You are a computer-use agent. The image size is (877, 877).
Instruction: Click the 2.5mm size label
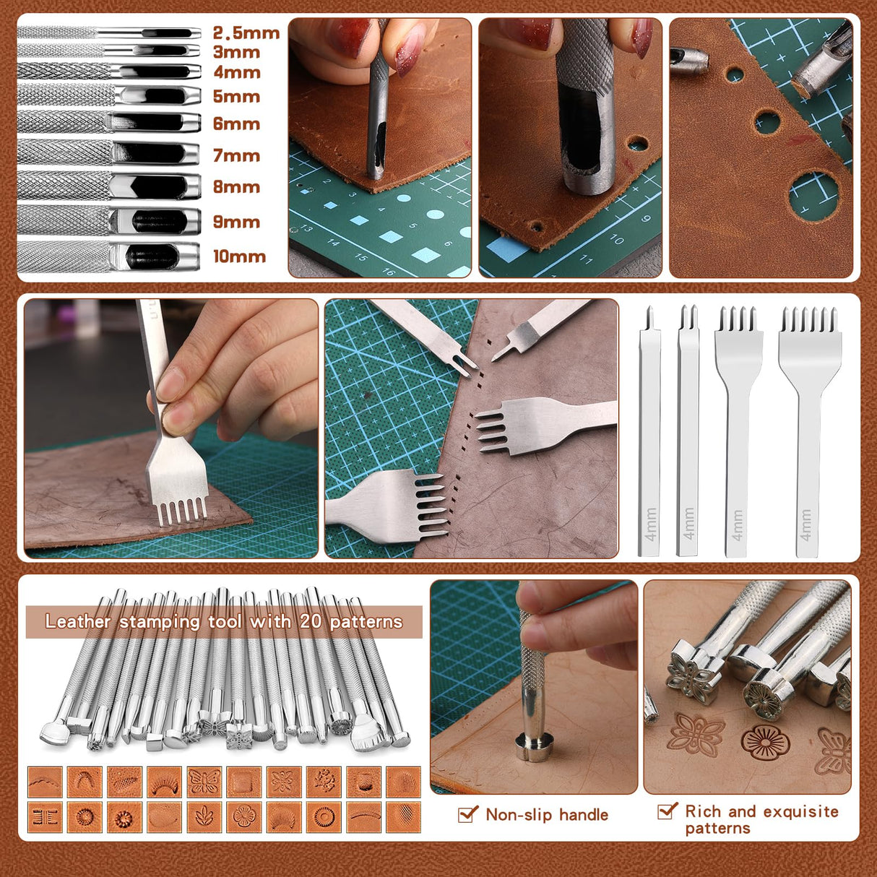(246, 33)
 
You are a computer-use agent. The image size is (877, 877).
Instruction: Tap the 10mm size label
(239, 256)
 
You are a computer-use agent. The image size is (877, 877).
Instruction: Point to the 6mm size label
(236, 124)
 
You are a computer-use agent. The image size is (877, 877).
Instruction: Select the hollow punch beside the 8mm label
(108, 186)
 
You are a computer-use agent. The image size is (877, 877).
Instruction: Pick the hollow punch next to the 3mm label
(108, 51)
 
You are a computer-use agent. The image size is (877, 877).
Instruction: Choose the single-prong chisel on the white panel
(649, 433)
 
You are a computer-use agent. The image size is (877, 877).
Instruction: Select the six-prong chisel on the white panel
(809, 433)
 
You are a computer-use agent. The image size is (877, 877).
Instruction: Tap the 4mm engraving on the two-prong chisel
(688, 523)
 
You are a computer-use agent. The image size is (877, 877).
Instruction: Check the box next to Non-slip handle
(468, 815)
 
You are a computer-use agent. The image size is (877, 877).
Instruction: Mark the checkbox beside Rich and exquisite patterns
(668, 811)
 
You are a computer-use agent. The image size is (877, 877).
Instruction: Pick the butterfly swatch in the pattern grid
(204, 782)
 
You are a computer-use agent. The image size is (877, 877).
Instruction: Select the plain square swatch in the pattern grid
(243, 782)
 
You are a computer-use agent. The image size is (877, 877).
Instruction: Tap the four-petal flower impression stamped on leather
(695, 734)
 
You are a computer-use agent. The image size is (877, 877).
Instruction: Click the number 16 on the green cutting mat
(389, 272)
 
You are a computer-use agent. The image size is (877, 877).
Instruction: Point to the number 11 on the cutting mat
(586, 259)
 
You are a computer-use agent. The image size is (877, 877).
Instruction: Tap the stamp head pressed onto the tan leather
(533, 746)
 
